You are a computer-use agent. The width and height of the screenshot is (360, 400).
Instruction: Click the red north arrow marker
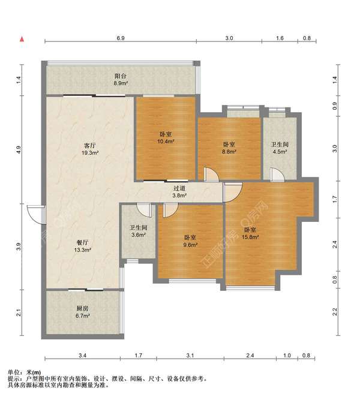tap(22, 40)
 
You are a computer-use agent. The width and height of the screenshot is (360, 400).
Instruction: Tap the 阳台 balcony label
tap(121, 76)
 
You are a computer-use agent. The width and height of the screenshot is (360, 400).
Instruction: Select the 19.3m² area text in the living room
tap(91, 153)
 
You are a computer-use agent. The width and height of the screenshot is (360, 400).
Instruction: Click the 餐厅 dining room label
tap(83, 243)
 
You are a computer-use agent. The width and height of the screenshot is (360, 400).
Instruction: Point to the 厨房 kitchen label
tap(82, 308)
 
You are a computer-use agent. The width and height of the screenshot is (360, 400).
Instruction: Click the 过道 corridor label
tap(179, 188)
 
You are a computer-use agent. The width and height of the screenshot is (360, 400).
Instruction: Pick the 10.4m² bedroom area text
tap(166, 142)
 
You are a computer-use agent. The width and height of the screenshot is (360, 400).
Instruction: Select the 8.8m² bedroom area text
tap(229, 152)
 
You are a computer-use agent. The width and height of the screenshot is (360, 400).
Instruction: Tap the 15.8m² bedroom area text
tap(250, 237)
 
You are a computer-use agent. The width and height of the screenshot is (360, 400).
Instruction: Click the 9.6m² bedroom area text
tap(191, 245)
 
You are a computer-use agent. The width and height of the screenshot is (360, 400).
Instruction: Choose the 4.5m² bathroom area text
tap(280, 152)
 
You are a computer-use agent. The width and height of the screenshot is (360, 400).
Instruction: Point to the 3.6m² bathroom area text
tap(139, 235)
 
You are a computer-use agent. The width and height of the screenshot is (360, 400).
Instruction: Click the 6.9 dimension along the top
tap(121, 38)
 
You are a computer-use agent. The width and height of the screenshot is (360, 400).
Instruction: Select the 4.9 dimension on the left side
tap(18, 149)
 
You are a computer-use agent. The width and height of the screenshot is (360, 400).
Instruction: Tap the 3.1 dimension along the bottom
tap(190, 355)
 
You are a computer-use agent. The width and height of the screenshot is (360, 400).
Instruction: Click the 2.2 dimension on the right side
tap(335, 311)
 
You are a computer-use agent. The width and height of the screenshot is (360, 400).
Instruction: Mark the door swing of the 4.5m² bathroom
tap(277, 175)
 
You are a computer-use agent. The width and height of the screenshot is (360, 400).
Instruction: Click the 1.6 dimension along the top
tap(280, 38)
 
